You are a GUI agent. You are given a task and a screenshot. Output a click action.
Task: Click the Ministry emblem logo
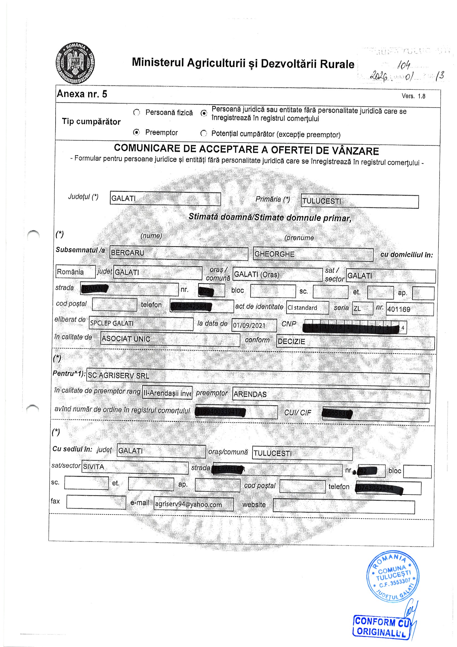(x=75, y=63)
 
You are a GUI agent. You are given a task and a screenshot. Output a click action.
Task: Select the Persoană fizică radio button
(x=137, y=112)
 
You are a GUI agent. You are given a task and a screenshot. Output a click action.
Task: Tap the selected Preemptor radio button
(x=137, y=132)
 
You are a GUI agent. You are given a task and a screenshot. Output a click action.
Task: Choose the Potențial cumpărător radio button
(x=203, y=133)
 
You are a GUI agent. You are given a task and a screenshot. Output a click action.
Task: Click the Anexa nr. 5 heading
(x=82, y=94)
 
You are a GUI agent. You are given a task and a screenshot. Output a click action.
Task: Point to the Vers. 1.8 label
(x=413, y=96)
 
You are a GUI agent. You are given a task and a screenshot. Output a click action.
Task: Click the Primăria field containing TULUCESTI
(x=359, y=201)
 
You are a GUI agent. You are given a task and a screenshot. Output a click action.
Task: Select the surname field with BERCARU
(x=179, y=253)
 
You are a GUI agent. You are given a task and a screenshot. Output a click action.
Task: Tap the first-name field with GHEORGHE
(x=313, y=255)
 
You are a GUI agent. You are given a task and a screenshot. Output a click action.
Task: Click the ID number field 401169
(x=409, y=309)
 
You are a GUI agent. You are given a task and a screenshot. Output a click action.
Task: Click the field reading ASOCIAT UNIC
(x=170, y=339)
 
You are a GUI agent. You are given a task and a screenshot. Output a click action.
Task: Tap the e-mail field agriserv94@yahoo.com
(x=194, y=504)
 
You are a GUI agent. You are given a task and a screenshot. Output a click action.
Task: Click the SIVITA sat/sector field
(x=135, y=467)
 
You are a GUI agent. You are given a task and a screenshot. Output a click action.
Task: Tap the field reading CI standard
(x=307, y=308)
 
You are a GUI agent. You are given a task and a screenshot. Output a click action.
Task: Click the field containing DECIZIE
(x=355, y=342)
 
